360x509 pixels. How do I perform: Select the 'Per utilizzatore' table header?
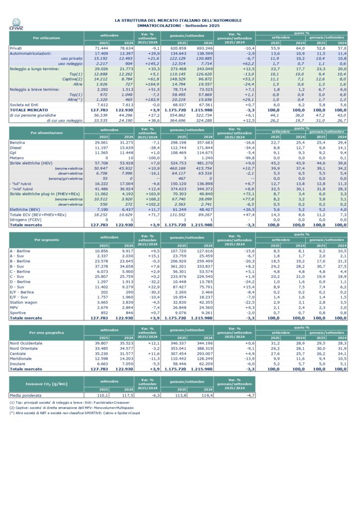[x=47, y=38]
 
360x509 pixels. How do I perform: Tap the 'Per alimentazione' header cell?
[x=47, y=133]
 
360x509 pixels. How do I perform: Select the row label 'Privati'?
[x=16, y=48]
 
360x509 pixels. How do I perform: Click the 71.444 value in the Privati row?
[x=101, y=48]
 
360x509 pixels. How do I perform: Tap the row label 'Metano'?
[x=17, y=157]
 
